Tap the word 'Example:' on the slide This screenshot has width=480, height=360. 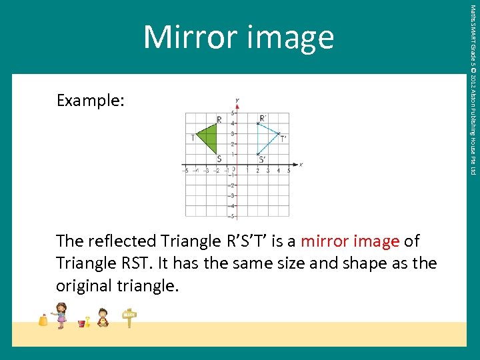pos(90,101)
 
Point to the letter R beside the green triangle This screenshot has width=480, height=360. pos(219,120)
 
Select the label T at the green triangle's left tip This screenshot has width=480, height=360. pos(193,138)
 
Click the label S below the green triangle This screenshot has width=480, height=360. pos(219,159)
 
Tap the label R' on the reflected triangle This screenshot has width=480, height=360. pos(263,118)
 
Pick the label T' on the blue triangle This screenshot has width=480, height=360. pos(283,139)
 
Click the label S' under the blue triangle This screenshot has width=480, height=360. pos(262,159)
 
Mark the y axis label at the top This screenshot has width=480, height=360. pos(237,101)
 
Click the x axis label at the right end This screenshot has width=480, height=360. pos(301,164)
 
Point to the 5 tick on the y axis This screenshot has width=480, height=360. pos(233,113)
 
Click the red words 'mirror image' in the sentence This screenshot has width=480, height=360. pos(351,241)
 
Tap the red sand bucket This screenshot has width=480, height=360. pos(82,323)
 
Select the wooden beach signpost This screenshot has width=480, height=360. pos(129,318)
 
